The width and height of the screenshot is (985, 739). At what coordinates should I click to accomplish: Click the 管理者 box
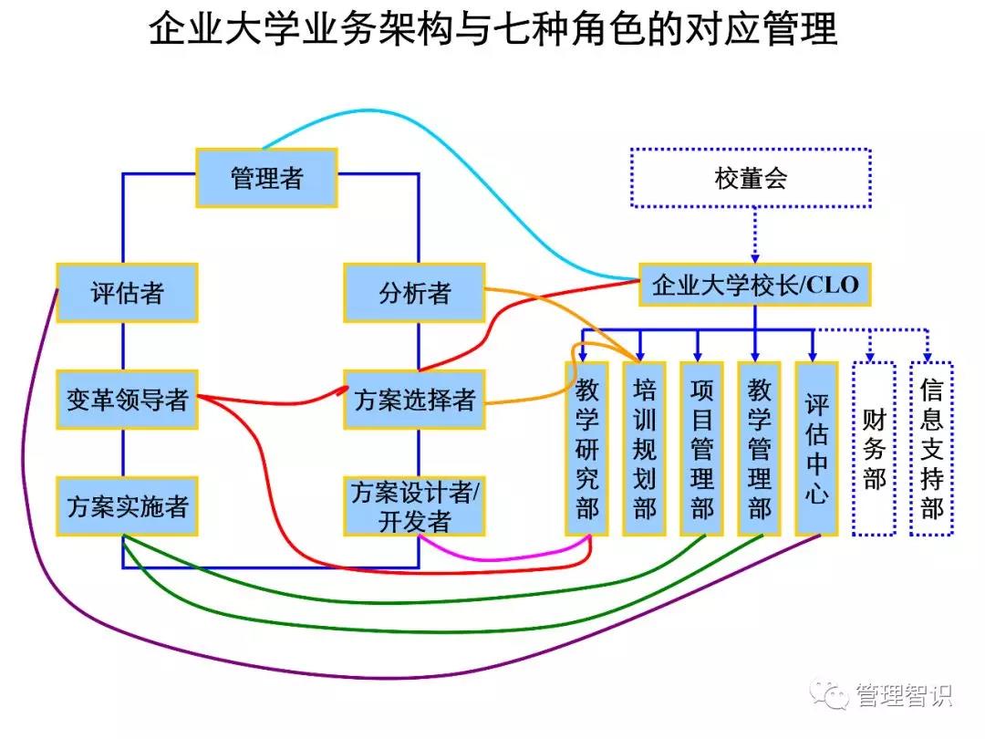pos(266,178)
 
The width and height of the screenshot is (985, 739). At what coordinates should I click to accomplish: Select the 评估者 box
pos(127,293)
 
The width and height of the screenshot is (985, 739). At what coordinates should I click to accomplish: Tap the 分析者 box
pos(414,293)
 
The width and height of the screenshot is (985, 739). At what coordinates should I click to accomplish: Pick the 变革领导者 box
pos(127,400)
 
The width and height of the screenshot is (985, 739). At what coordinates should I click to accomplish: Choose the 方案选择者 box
pos(414,400)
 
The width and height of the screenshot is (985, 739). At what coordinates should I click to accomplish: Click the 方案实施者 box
pos(127,505)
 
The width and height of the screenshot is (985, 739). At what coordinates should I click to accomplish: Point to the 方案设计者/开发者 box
pos(414,505)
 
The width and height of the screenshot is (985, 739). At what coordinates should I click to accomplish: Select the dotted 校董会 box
pos(751,178)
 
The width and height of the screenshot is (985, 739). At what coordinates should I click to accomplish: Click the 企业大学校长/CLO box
pos(754,285)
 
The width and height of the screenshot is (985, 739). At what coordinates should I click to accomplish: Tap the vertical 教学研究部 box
pos(586,448)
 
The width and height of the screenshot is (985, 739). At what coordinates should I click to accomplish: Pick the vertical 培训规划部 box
pos(644,448)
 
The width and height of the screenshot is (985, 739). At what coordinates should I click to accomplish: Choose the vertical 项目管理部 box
pos(701,448)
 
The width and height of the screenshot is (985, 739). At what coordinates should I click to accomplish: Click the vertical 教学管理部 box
pos(759,448)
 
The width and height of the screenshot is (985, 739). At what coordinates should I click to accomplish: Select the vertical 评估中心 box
pos(816,448)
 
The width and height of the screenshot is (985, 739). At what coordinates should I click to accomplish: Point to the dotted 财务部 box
pos(874,448)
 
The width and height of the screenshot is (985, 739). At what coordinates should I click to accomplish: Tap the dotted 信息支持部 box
pos(931,448)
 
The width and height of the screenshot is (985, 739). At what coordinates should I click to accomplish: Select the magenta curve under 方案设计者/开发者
pos(511,557)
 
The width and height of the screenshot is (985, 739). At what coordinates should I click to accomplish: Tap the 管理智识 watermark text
pos(903,696)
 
